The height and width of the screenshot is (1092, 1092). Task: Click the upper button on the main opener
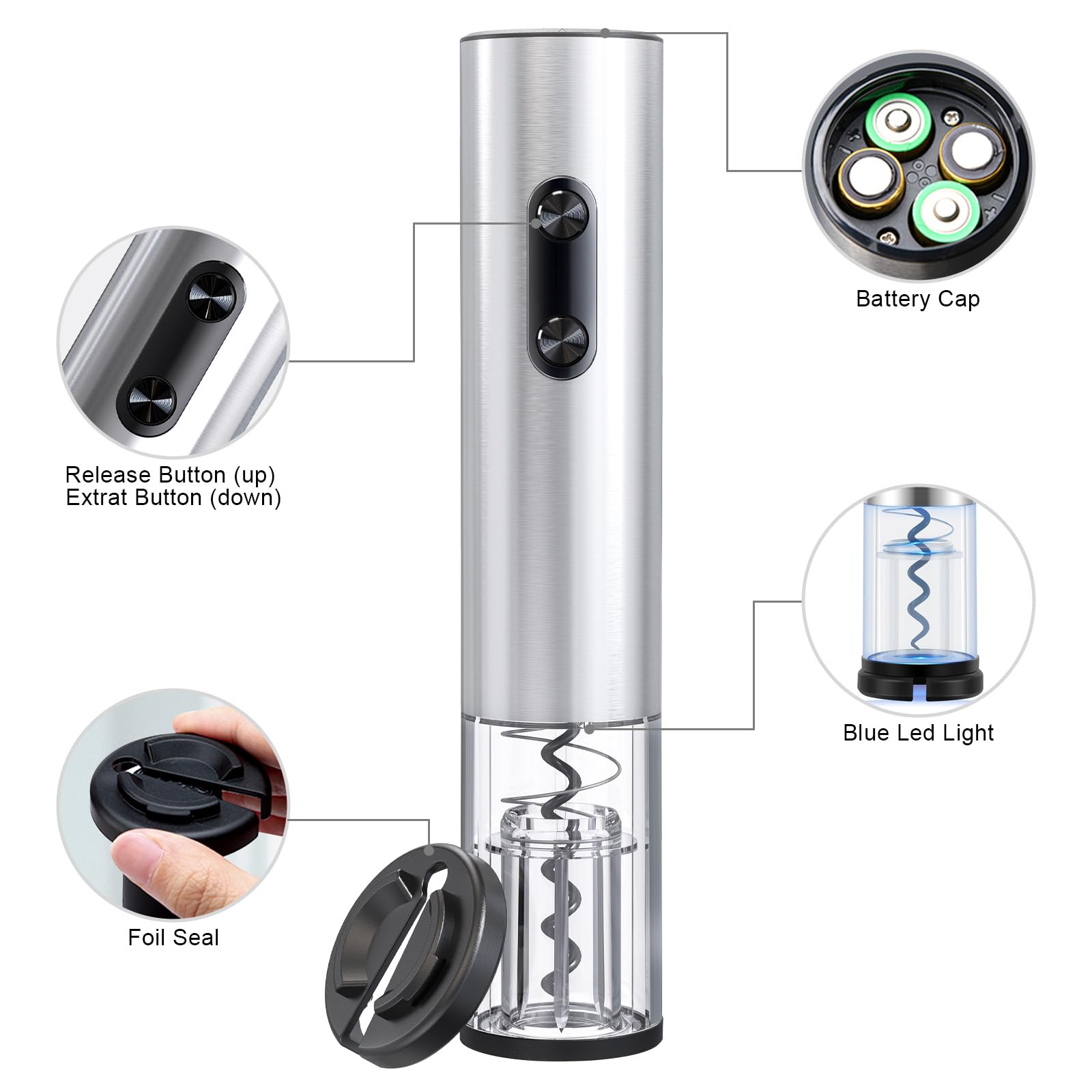click(x=562, y=215)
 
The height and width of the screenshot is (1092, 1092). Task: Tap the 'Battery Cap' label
click(x=917, y=299)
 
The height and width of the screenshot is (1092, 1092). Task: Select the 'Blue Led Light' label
click(x=918, y=732)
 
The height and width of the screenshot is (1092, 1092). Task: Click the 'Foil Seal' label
click(x=173, y=937)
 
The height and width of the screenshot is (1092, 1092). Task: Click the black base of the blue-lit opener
click(x=919, y=678)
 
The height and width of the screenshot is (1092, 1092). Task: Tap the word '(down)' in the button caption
click(x=245, y=498)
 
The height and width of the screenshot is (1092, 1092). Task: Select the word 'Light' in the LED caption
click(x=968, y=732)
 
